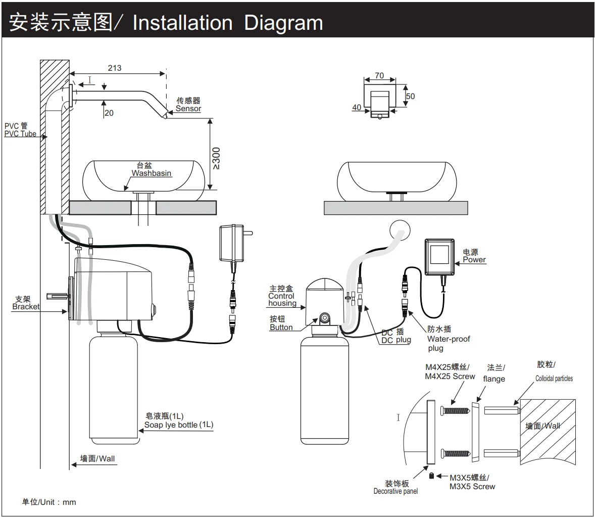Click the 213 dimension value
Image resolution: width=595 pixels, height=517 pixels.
[115, 68]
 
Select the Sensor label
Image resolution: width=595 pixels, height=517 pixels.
[188, 109]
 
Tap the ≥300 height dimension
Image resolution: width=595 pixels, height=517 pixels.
[216, 158]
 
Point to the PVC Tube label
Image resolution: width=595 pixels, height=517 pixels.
[20, 133]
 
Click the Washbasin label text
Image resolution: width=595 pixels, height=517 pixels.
[152, 173]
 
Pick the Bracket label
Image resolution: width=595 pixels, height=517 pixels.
[26, 307]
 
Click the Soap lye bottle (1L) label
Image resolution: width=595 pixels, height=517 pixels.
[179, 425]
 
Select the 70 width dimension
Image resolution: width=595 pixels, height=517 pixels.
[379, 75]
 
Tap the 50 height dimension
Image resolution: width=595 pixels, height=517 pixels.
[411, 96]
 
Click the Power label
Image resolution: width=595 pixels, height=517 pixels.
[474, 260]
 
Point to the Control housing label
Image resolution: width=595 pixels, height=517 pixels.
[282, 300]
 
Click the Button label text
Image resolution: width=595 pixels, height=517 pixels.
[281, 327]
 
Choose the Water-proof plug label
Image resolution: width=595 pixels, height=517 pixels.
[449, 344]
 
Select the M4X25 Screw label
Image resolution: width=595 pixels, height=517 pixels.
[450, 376]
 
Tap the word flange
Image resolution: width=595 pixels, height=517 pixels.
[494, 379]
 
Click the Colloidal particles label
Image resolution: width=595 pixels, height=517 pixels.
[554, 379]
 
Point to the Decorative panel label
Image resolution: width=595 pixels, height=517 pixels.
[396, 491]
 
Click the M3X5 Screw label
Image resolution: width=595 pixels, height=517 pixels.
[472, 487]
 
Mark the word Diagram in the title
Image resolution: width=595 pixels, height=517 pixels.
[283, 23]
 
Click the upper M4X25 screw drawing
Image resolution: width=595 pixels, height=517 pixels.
[456, 410]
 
